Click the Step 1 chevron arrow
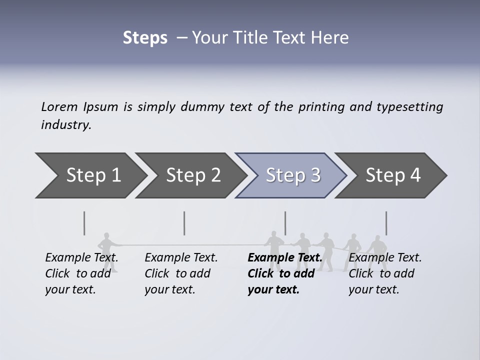tap(90, 175)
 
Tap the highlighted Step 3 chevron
tap(290, 175)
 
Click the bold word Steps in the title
tap(145, 38)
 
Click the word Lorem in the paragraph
tap(59, 107)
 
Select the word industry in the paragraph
tap(66, 125)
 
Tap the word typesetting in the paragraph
tap(409, 107)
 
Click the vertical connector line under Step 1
tap(84, 223)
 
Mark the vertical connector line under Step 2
tap(184, 223)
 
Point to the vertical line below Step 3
tap(285, 223)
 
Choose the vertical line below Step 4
tap(386, 223)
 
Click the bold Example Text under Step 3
tap(285, 258)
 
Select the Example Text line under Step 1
tap(82, 258)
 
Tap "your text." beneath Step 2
tap(170, 289)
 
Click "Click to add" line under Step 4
tap(381, 273)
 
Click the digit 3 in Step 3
tap(315, 175)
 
